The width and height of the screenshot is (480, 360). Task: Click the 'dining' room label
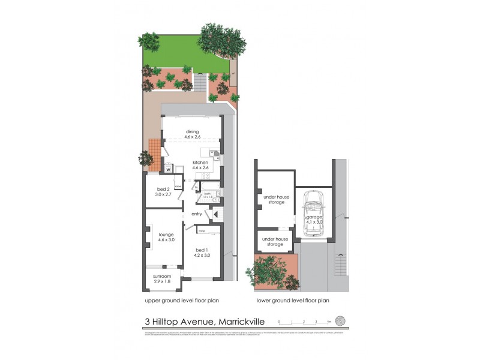192,131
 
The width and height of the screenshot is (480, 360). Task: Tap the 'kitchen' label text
200,163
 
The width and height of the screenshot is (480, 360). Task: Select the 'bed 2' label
163,189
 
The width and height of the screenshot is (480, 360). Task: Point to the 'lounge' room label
166,235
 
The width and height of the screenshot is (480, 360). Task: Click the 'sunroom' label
161,276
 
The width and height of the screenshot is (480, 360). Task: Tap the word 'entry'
197,214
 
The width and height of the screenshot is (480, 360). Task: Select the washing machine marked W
169,169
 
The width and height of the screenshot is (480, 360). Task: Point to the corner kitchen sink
215,152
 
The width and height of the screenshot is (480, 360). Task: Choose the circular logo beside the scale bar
340,321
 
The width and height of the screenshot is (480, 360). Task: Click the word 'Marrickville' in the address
244,323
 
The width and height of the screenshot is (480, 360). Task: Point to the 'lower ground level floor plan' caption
292,301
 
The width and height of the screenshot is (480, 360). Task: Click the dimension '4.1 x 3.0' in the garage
314,222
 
